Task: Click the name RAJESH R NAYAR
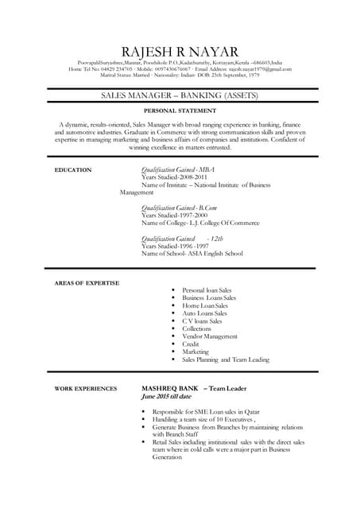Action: click(180, 52)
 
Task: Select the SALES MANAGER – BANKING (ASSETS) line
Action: click(180, 95)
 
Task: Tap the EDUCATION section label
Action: click(73, 170)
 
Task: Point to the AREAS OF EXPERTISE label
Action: click(87, 283)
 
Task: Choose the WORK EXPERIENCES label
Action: click(86, 389)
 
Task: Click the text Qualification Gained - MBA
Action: click(178, 170)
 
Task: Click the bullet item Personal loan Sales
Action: click(207, 290)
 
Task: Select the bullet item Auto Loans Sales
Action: click(204, 313)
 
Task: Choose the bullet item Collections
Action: click(197, 328)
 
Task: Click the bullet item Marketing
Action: click(195, 352)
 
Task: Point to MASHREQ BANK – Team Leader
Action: click(195, 388)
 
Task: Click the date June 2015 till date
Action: click(166, 396)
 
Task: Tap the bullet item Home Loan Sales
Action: click(205, 305)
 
